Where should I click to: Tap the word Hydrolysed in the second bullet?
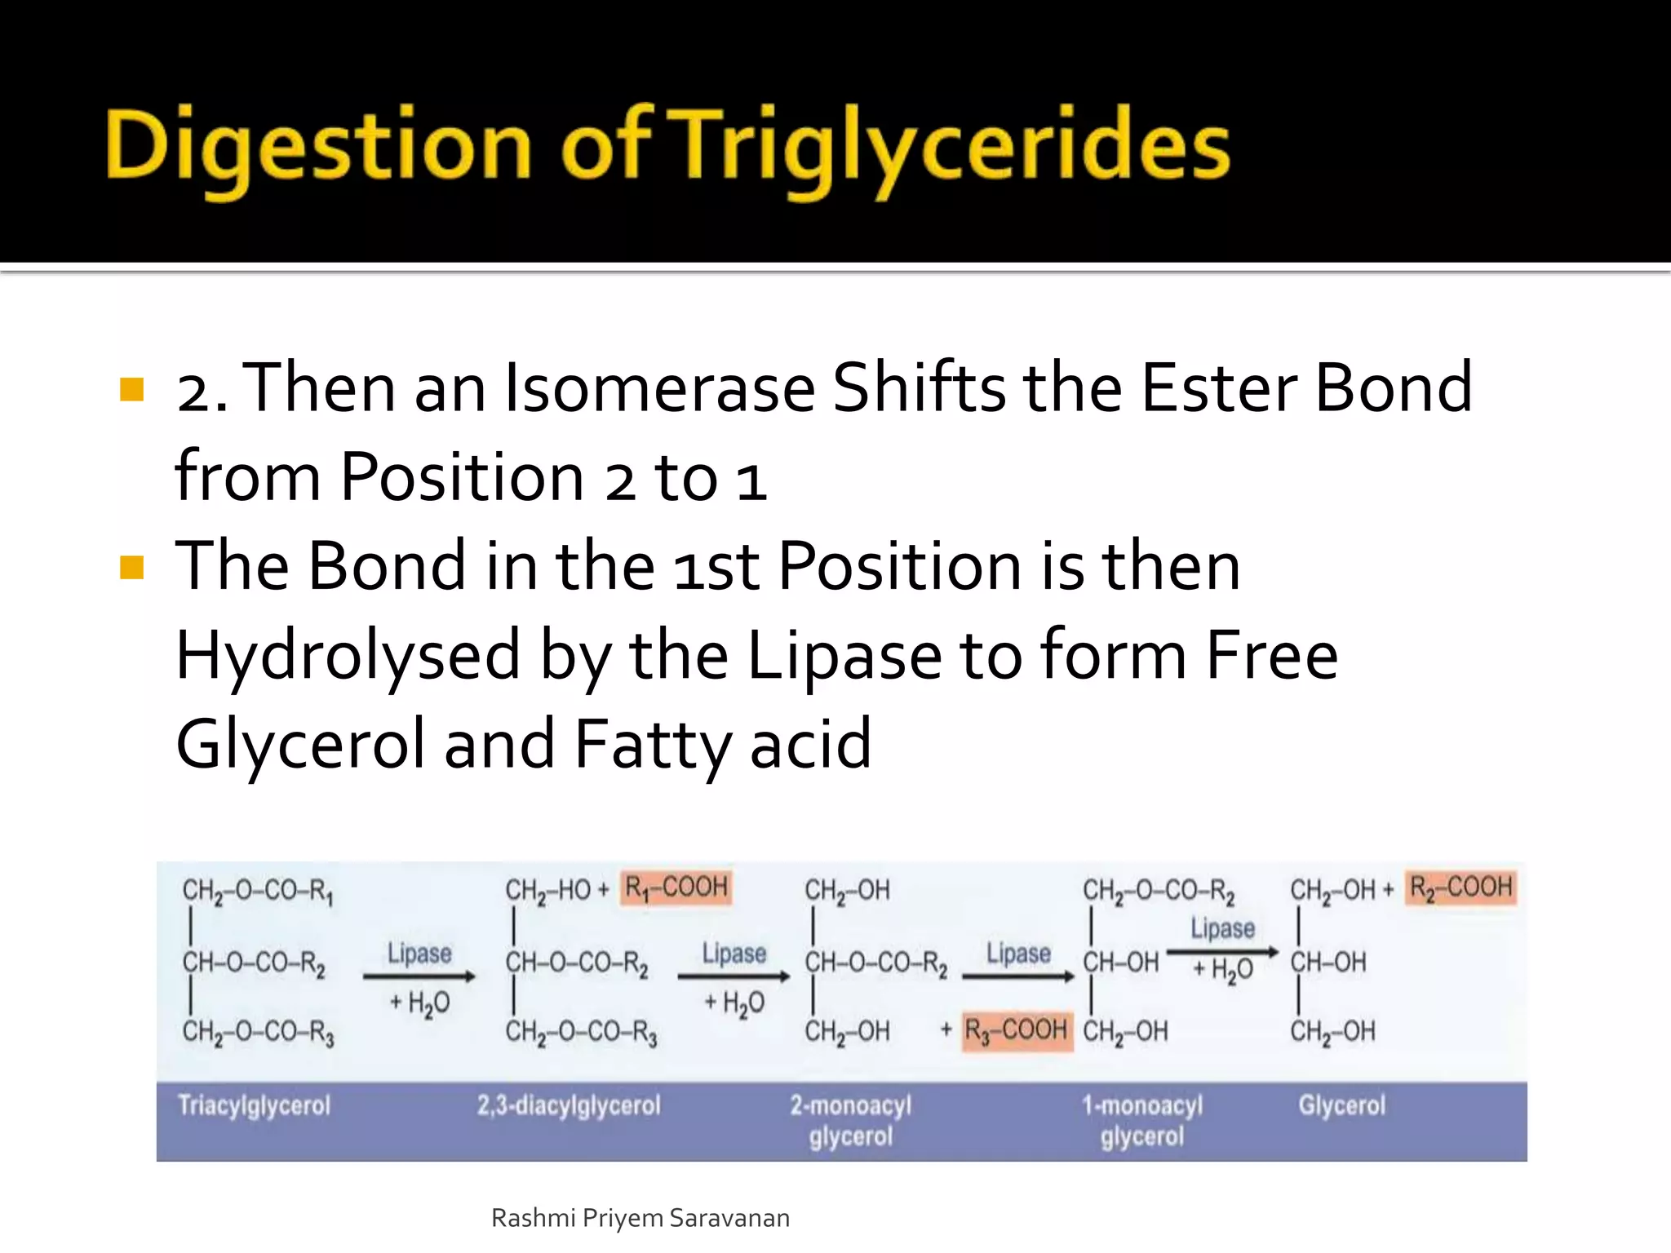click(x=348, y=655)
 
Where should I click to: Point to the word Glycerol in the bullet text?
click(x=299, y=744)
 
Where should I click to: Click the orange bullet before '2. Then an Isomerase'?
click(x=131, y=390)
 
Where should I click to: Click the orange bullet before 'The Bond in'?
click(x=131, y=567)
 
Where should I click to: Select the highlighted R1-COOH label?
click(x=676, y=888)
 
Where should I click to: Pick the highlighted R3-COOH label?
click(x=1016, y=1030)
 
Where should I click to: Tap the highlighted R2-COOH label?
click(x=1461, y=888)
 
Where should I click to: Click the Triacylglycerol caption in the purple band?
click(x=254, y=1105)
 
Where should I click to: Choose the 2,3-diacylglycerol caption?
click(x=569, y=1105)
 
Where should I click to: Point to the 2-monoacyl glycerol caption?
click(x=850, y=1121)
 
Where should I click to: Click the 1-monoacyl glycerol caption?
click(x=1141, y=1121)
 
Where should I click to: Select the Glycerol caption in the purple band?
click(x=1341, y=1105)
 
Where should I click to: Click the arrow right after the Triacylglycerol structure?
click(x=419, y=976)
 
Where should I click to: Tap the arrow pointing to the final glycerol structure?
click(x=1222, y=952)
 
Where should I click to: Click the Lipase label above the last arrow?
click(x=1222, y=928)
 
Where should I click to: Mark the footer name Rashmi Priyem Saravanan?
click(x=640, y=1218)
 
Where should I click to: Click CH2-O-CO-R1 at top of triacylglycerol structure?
click(x=257, y=890)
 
